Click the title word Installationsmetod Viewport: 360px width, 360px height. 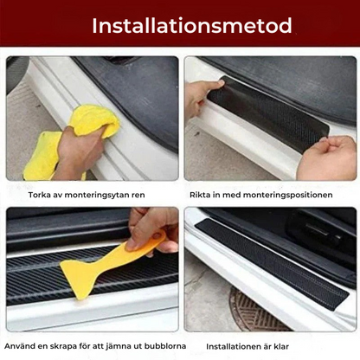[x=192, y=26]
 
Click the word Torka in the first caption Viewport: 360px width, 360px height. [x=40, y=195]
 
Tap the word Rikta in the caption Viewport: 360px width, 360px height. [x=200, y=195]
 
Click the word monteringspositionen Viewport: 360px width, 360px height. [x=287, y=196]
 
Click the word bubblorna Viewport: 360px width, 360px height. [x=165, y=346]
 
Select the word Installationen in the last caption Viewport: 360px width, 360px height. [x=235, y=346]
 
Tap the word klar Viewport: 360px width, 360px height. [x=281, y=346]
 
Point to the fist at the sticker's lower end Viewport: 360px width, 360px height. [x=327, y=158]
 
